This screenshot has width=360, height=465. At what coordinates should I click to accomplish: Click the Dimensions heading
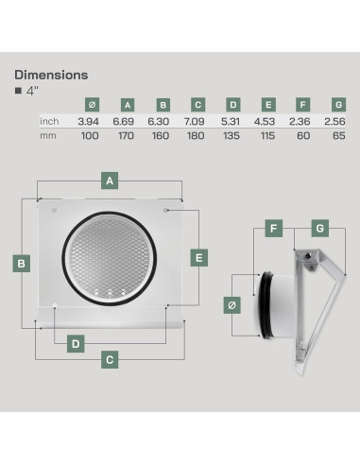51,75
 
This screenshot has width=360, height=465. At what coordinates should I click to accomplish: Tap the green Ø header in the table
92,105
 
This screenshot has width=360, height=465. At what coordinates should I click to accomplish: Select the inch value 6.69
124,121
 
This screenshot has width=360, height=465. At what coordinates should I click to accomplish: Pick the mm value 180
196,136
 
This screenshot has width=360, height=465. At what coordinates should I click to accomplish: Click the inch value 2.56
334,121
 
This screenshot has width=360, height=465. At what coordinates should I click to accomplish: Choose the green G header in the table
338,105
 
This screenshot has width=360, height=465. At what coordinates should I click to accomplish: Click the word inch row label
49,121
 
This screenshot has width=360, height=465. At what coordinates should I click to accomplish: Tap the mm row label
48,136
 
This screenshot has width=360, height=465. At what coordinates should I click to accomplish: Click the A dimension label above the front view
110,181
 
